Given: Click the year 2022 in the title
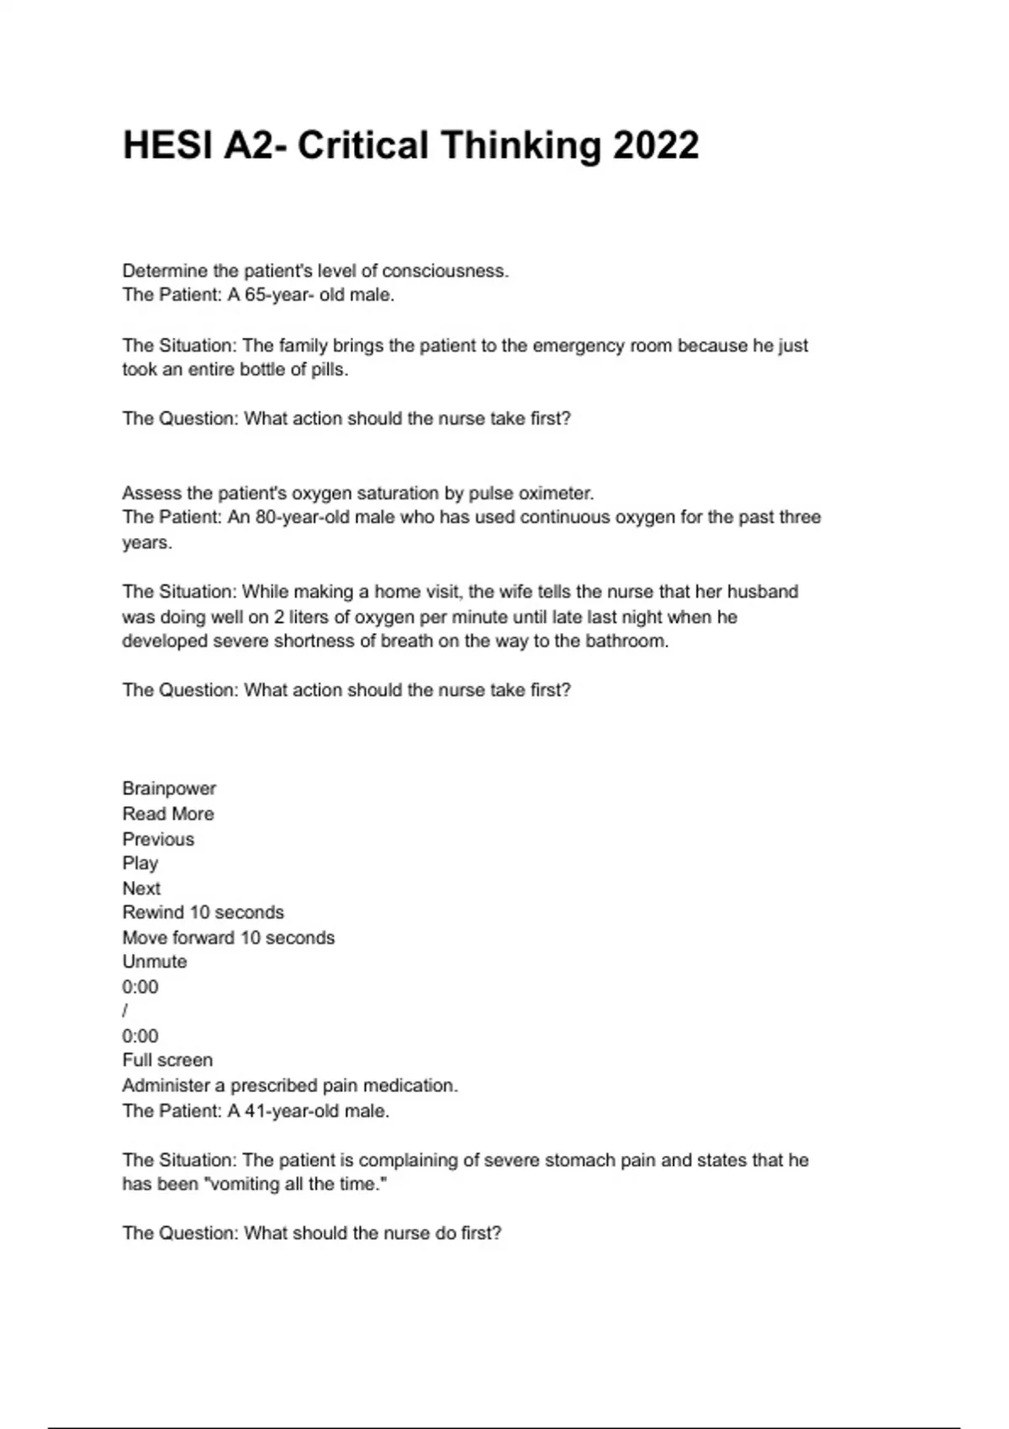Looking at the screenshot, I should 656,145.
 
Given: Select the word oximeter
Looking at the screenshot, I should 556,493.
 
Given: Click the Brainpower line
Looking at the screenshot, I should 169,788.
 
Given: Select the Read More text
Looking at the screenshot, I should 168,814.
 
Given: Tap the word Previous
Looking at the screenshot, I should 158,839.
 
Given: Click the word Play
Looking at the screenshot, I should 140,863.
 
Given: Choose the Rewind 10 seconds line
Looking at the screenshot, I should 203,913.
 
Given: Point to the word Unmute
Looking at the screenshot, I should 155,962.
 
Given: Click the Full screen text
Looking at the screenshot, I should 167,1061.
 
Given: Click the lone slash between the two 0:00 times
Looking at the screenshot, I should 125,1011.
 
